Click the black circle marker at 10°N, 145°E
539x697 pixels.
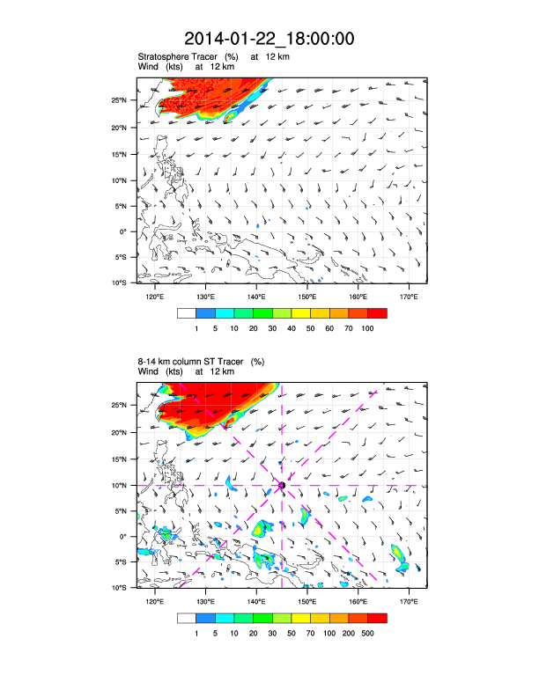(x=282, y=485)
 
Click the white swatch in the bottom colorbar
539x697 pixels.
(x=186, y=618)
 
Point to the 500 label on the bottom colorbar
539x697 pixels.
(x=368, y=632)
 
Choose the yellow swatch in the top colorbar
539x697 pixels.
(x=301, y=313)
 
